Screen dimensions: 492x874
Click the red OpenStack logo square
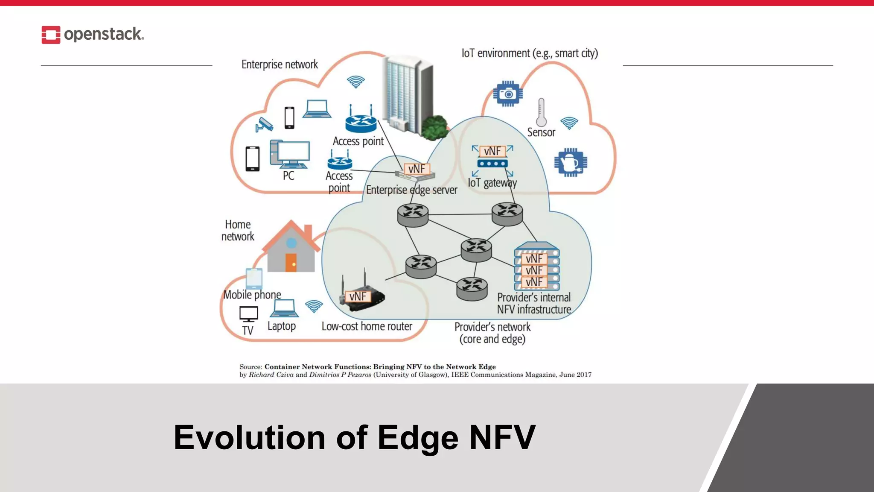[51, 35]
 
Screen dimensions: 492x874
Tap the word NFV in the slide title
[502, 437]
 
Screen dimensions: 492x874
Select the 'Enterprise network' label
[280, 64]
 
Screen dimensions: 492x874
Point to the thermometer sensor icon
[541, 112]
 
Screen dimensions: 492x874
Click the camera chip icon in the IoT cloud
[508, 94]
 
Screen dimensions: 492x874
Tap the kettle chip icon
[571, 162]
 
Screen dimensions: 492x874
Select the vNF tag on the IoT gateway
[492, 151]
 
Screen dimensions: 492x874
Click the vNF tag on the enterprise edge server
[417, 169]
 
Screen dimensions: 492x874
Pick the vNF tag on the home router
[358, 296]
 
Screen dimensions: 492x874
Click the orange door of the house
[291, 263]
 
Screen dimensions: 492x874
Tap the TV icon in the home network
[248, 314]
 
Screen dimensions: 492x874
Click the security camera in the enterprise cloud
[264, 124]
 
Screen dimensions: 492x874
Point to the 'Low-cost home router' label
[367, 326]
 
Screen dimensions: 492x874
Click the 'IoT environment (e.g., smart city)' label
[530, 53]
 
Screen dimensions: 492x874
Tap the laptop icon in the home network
[283, 308]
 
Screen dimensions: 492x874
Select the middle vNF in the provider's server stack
[534, 270]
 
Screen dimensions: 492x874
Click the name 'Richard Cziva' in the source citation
[271, 375]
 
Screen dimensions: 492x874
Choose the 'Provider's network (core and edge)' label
[492, 333]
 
